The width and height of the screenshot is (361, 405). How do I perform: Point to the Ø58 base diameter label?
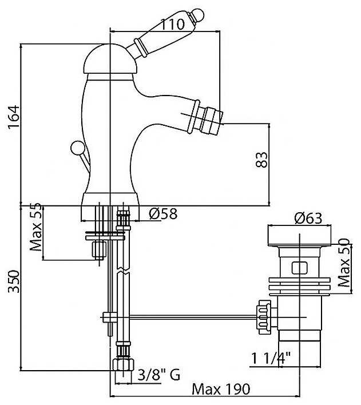click(x=163, y=214)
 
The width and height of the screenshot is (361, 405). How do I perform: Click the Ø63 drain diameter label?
click(x=308, y=219)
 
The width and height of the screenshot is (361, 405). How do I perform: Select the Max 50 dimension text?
click(x=344, y=264)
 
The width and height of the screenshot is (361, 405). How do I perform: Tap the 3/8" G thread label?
click(x=160, y=375)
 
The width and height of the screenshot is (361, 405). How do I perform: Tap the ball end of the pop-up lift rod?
click(x=75, y=149)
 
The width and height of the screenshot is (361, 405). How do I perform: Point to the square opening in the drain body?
click(x=299, y=267)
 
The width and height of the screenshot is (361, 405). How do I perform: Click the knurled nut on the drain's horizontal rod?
click(x=263, y=315)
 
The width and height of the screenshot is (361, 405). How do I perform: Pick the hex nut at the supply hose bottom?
click(x=121, y=364)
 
